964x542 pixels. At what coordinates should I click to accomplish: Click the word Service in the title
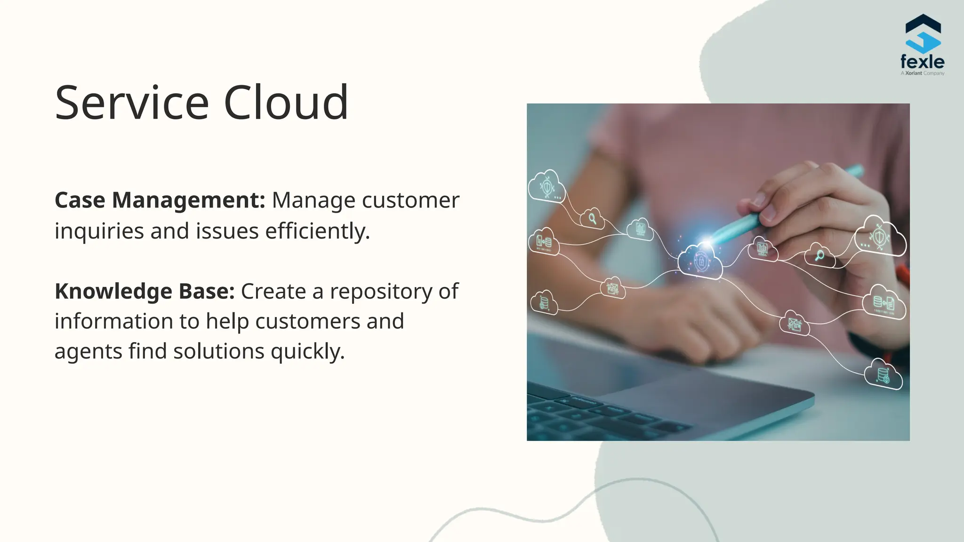click(x=132, y=103)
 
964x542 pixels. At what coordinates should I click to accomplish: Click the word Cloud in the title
click(x=286, y=103)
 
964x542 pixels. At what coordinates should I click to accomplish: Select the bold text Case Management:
click(x=160, y=200)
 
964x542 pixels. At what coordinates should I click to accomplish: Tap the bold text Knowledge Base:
click(x=145, y=291)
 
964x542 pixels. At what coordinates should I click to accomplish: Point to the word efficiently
click(x=318, y=231)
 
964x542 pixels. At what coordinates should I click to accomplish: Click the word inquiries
click(x=99, y=231)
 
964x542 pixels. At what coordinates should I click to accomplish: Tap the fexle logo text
click(x=922, y=62)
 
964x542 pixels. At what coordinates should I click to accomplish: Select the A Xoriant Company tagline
click(x=922, y=73)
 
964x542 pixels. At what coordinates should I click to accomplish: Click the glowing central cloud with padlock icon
click(x=700, y=262)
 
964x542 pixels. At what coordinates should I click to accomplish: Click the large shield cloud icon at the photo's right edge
click(x=879, y=237)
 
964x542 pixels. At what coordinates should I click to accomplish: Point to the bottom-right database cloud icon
click(x=883, y=375)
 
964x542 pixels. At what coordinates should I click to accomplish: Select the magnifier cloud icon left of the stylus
click(x=592, y=218)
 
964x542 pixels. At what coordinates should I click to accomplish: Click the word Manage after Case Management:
click(x=313, y=200)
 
